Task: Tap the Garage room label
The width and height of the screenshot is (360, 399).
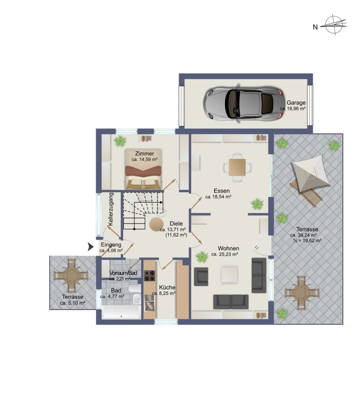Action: point(296,103)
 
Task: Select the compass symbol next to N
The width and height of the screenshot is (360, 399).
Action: point(334,25)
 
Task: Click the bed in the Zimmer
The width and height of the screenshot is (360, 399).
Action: point(143,169)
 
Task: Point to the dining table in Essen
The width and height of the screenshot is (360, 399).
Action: point(237,167)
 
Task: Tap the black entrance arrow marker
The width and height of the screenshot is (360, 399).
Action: point(90,247)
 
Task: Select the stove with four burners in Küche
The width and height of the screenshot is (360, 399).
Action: point(150,275)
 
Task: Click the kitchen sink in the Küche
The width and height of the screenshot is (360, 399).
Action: point(150,302)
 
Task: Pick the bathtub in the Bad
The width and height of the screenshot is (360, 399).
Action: point(121,312)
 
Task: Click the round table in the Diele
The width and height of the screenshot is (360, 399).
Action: point(157,224)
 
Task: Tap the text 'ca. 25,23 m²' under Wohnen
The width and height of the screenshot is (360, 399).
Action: point(225,254)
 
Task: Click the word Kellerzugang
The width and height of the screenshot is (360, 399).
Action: point(111,209)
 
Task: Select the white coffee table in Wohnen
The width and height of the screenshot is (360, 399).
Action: point(230,274)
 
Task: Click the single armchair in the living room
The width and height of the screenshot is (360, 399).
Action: point(201,276)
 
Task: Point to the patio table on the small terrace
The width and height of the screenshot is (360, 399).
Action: point(71,275)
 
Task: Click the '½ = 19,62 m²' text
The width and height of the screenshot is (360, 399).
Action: point(307,241)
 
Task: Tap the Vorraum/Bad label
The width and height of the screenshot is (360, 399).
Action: point(123,273)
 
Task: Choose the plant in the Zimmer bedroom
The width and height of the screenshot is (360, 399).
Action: point(120,141)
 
